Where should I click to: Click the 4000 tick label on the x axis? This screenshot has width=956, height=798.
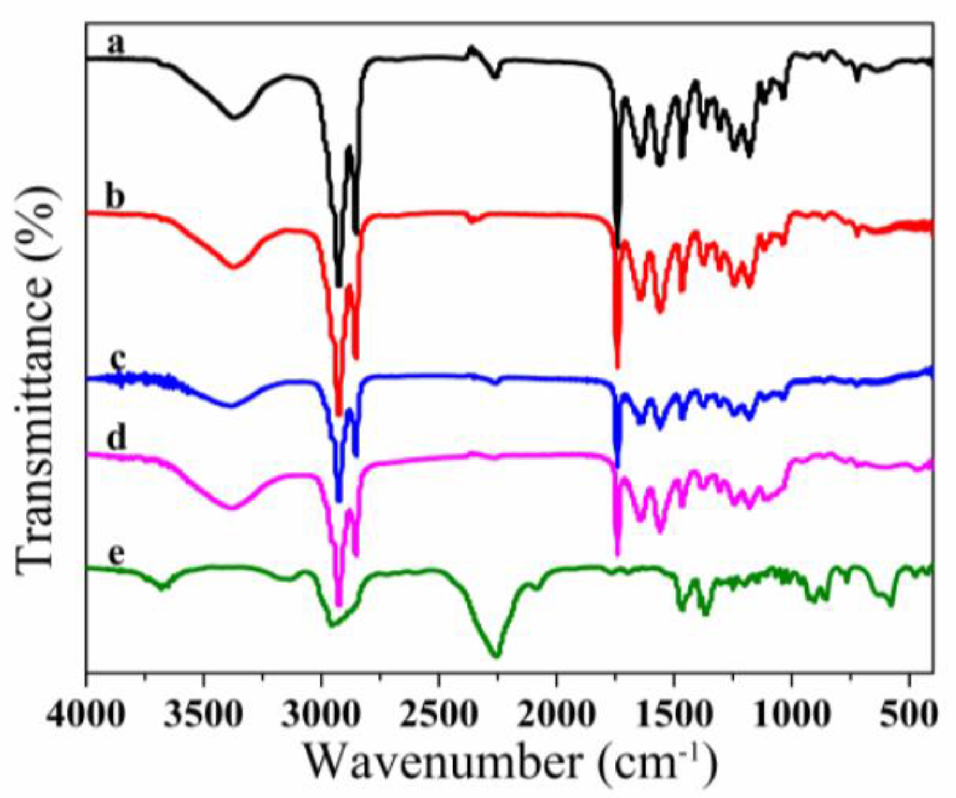[x=85, y=715]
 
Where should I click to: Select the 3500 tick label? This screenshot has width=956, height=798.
[x=204, y=715]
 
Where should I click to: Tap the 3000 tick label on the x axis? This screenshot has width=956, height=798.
[x=321, y=715]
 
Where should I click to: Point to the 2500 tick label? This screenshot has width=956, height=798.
[x=439, y=715]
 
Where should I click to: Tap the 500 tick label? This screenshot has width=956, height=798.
[x=909, y=715]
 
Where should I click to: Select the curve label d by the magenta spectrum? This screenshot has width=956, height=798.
[x=116, y=440]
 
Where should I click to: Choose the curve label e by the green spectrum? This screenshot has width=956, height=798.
[x=116, y=554]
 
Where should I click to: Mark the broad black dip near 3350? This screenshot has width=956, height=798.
[x=234, y=116]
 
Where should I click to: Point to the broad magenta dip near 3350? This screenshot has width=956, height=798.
[x=233, y=507]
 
